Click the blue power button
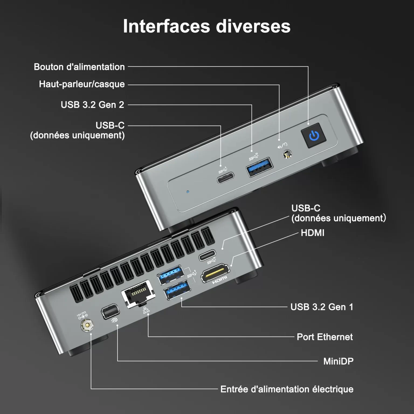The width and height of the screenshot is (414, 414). [314, 136]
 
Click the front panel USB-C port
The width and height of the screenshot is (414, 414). [226, 178]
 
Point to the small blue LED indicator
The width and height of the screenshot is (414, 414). [188, 192]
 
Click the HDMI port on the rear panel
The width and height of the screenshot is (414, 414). [215, 273]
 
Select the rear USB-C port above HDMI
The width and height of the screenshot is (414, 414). [207, 255]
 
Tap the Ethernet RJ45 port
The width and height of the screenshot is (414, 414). [137, 294]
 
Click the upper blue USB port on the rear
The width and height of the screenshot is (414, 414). [170, 275]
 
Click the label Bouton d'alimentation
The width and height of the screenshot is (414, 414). [79, 67]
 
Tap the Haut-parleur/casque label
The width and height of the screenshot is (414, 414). [82, 84]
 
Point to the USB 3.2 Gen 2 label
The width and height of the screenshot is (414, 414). [92, 105]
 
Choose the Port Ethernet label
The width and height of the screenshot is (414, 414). [325, 337]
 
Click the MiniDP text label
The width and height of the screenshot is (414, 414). [338, 361]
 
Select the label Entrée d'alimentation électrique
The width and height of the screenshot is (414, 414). [287, 389]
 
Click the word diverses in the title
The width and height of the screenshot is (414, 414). [253, 26]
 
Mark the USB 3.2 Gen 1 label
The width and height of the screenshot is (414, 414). [322, 307]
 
